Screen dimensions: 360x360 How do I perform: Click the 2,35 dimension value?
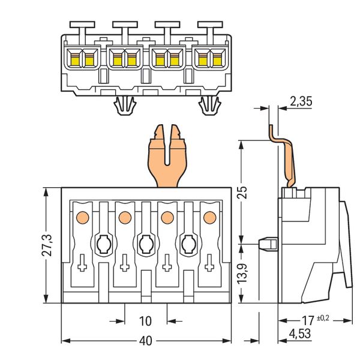pyautogui.click(x=300, y=102)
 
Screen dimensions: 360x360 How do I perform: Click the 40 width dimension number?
pyautogui.click(x=145, y=341)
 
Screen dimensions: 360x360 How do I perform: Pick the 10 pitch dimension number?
pyautogui.click(x=145, y=320)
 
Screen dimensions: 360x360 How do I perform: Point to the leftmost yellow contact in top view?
pyautogui.click(x=77, y=59)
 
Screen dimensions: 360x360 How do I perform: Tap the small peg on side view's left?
pyautogui.click(x=266, y=244)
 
